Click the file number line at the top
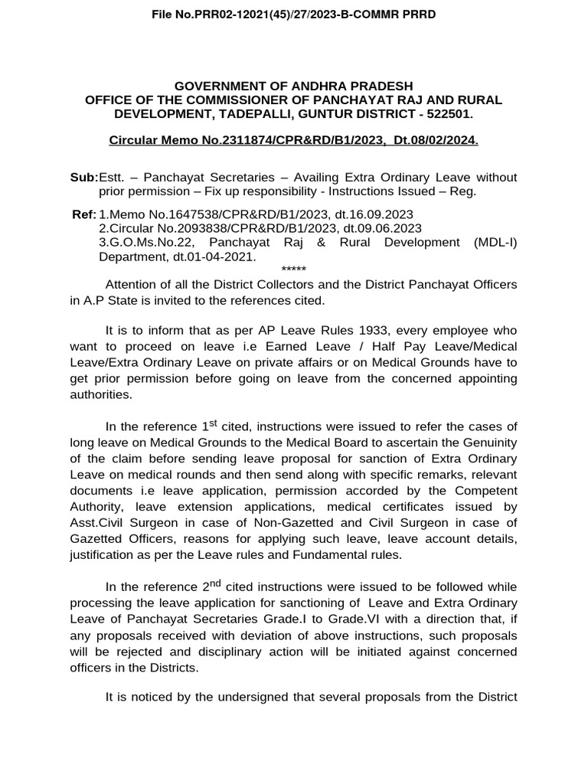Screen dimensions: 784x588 294,15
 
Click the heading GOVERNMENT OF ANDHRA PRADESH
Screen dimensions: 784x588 294,86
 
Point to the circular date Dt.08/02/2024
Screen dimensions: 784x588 436,142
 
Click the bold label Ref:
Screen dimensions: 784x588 84,214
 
